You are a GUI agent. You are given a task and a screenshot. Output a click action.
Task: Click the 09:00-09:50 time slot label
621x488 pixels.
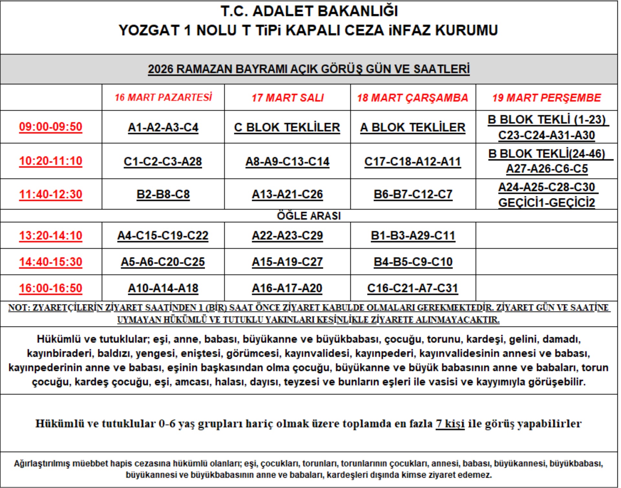[51, 127]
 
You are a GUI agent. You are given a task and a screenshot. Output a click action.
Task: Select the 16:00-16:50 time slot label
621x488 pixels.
[51, 288]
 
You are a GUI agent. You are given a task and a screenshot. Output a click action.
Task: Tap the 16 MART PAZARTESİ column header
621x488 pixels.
[163, 97]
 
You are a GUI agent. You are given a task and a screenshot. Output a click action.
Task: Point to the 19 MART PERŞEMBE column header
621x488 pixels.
[546, 98]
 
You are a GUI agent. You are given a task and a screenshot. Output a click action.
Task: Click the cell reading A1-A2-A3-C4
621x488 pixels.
[163, 127]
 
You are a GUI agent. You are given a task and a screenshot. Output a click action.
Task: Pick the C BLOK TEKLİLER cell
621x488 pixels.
[287, 127]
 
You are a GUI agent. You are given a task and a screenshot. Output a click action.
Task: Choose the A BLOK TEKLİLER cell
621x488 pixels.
[413, 127]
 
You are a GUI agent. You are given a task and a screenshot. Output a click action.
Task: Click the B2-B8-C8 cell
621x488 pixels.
[163, 194]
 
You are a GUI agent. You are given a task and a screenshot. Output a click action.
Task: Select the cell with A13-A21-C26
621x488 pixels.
[287, 194]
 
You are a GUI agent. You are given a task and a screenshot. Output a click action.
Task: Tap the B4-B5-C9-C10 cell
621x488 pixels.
[413, 262]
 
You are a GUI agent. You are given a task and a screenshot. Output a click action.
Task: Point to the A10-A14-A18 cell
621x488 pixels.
[163, 288]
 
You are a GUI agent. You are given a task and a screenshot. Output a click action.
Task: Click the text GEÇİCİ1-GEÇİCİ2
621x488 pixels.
[546, 203]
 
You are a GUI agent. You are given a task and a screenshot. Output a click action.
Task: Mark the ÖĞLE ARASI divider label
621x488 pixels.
[309, 216]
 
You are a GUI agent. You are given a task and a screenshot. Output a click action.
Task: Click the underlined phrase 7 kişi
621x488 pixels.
[450, 423]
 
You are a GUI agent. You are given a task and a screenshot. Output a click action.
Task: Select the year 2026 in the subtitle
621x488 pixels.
[161, 69]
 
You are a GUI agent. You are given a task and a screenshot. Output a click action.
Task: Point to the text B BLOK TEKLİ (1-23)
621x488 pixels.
[546, 120]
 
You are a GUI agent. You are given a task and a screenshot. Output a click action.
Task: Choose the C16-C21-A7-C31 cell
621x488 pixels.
[413, 288]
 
